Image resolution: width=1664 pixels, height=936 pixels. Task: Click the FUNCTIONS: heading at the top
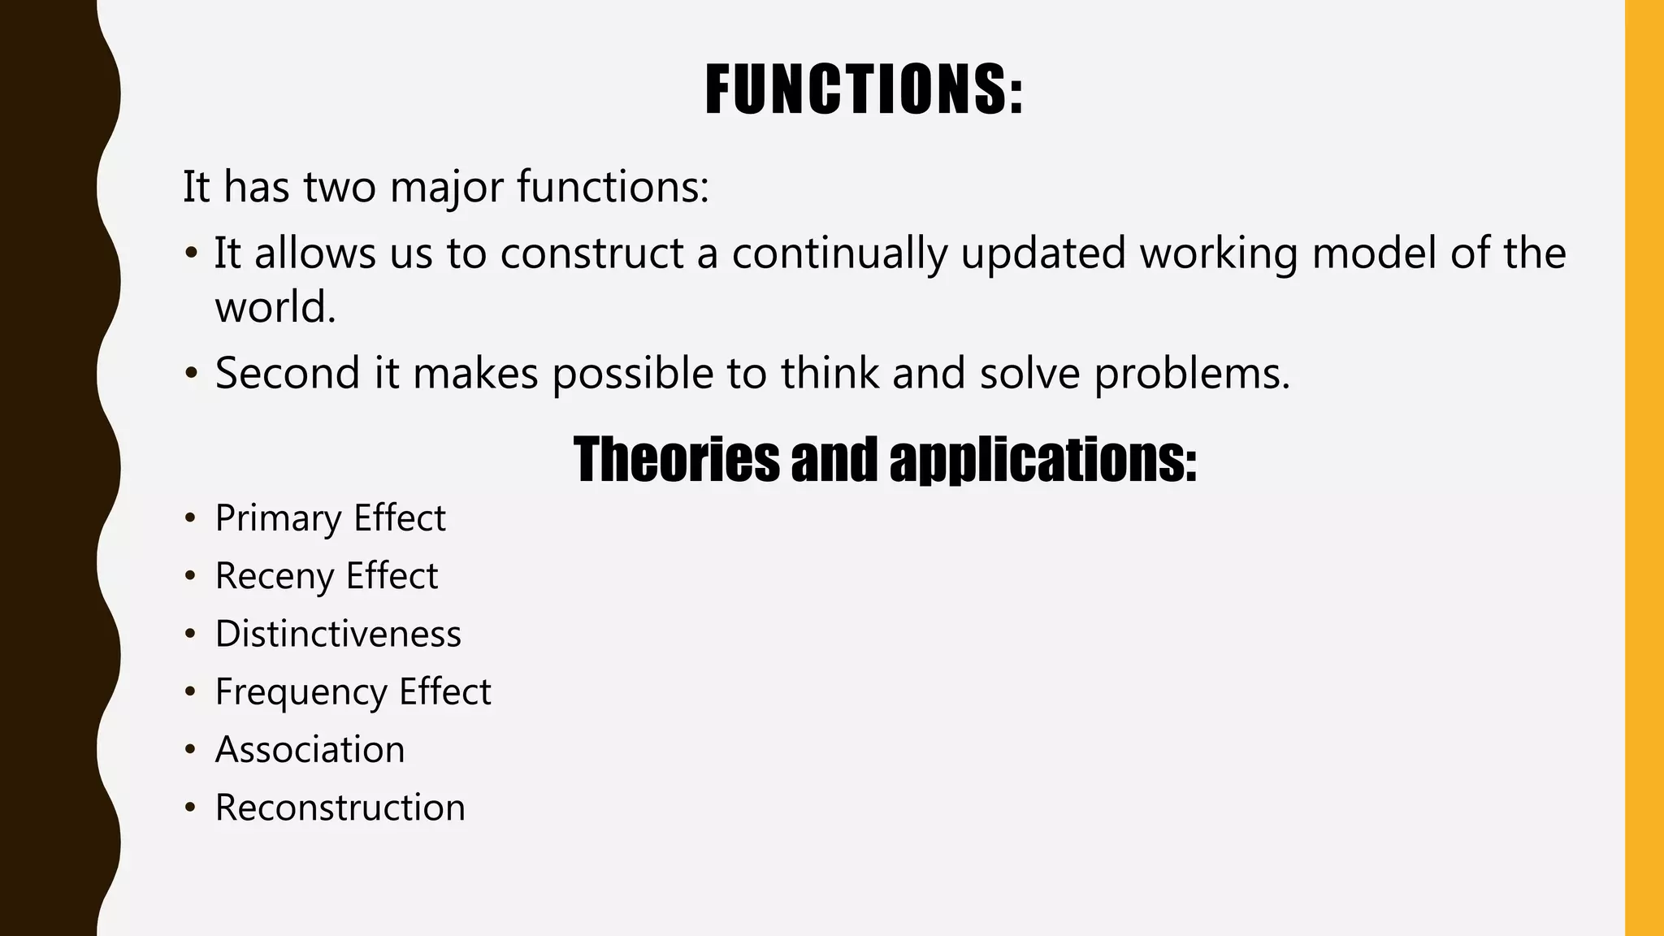click(863, 89)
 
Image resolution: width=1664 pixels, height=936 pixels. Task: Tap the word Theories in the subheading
click(675, 459)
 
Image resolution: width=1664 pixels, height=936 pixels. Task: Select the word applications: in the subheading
click(1042, 459)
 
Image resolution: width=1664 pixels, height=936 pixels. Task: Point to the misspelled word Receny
click(275, 577)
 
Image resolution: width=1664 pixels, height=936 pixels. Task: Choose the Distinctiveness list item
click(338, 635)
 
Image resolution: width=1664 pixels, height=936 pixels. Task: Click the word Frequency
click(301, 693)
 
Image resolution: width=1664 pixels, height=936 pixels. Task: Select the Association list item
click(310, 750)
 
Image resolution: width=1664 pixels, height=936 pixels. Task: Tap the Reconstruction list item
click(340, 808)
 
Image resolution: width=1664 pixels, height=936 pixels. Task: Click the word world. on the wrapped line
click(275, 308)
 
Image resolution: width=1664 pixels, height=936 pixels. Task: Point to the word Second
click(287, 374)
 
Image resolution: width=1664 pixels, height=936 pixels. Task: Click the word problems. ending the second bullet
click(1192, 374)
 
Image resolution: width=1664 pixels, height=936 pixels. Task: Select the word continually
click(839, 253)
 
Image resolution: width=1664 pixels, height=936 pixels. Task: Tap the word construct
click(591, 253)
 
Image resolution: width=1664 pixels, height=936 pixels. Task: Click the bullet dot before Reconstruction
click(190, 808)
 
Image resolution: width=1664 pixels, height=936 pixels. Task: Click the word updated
click(1043, 253)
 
